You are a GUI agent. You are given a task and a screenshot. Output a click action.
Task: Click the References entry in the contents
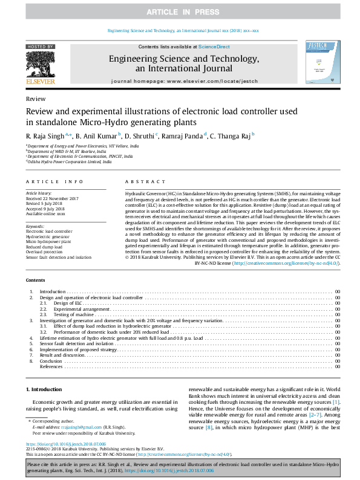pyautogui.click(x=51, y=366)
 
